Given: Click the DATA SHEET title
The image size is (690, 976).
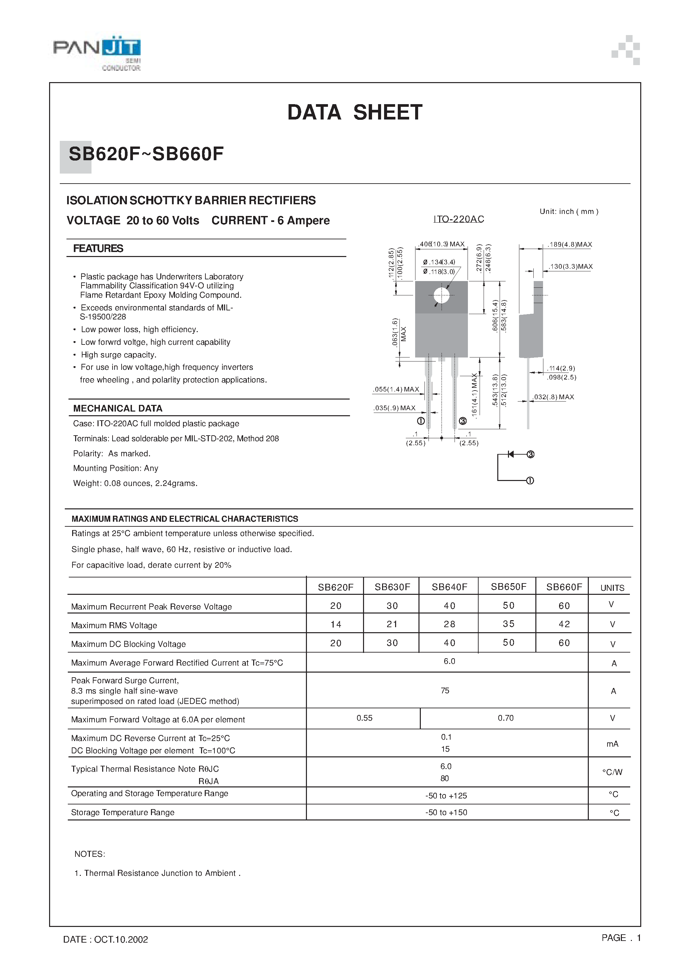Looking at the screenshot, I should (x=355, y=112).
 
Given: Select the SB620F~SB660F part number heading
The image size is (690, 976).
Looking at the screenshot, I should (x=146, y=154).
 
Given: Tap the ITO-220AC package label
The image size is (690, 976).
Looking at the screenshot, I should (x=459, y=219).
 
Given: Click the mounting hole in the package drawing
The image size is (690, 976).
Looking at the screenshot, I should (x=442, y=295).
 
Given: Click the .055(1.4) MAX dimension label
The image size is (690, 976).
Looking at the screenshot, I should (x=396, y=390).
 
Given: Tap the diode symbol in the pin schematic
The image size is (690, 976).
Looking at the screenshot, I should (x=511, y=454).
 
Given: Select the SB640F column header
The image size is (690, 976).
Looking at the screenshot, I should (x=449, y=587).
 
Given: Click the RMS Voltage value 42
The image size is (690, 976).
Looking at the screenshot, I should (x=564, y=624).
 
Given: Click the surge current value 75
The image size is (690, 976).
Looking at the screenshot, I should (x=445, y=691).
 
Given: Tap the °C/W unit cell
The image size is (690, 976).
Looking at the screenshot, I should (x=612, y=772).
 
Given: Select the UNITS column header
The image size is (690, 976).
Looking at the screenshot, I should (x=612, y=588).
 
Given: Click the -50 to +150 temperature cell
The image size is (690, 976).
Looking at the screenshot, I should (x=446, y=812).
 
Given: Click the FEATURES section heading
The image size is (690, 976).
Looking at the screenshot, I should (x=98, y=249).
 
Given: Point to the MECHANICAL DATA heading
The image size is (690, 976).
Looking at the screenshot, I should (x=118, y=409).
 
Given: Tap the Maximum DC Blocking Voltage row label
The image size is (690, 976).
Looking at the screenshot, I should (x=129, y=644).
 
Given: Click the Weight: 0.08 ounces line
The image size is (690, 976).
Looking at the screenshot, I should (x=135, y=483).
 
